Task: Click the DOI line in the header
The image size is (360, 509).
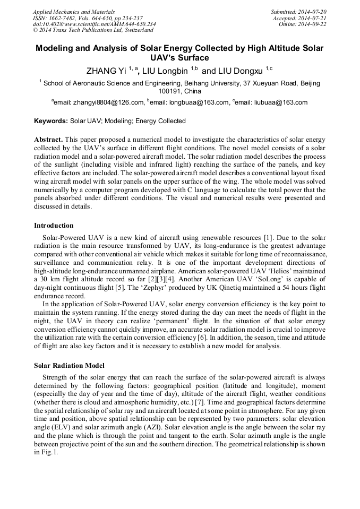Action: coord(94,24)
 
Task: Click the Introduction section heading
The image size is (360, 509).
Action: coord(54,226)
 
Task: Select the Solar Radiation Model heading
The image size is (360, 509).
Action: coord(69,366)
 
